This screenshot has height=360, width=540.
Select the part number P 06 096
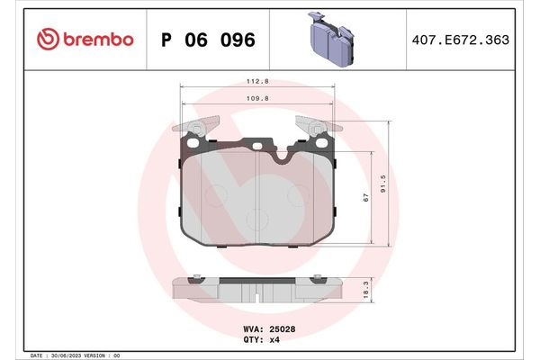(207, 40)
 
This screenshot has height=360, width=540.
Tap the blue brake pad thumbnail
(333, 38)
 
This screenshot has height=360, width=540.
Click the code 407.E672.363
(472, 40)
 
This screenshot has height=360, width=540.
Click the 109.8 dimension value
(258, 99)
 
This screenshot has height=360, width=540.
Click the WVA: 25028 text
(270, 329)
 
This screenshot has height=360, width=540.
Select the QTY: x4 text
(262, 340)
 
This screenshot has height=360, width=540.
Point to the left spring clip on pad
(196, 130)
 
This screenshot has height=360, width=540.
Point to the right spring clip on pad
(319, 130)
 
